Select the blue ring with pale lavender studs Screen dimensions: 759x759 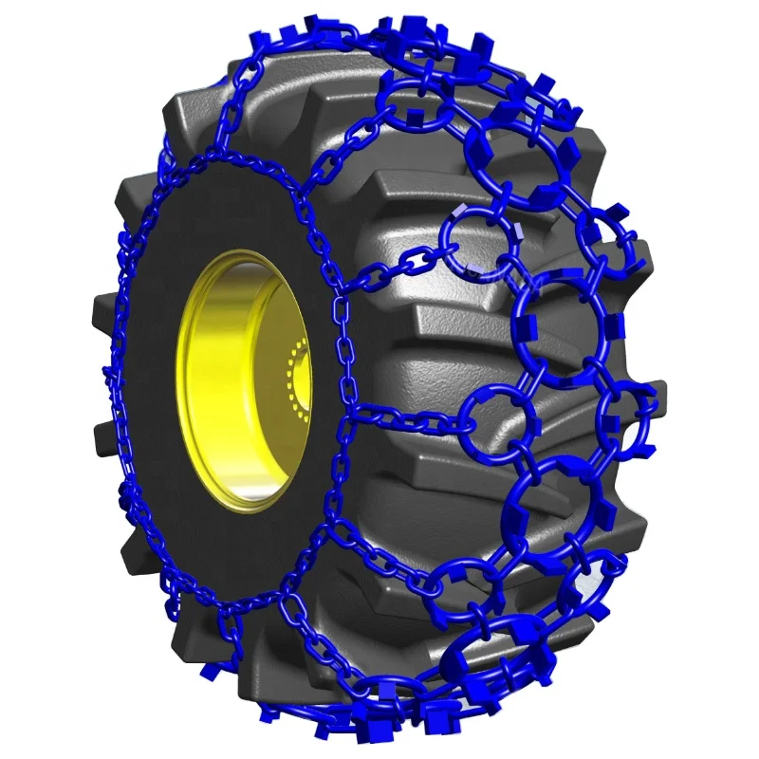pyautogui.click(x=479, y=245)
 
